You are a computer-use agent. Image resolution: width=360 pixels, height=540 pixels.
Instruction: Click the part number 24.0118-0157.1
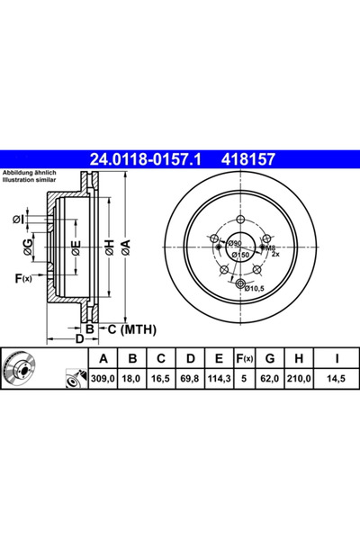(145, 159)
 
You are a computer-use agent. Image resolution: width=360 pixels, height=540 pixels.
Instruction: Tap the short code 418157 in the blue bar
(248, 159)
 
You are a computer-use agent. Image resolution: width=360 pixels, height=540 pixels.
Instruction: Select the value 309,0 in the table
(103, 379)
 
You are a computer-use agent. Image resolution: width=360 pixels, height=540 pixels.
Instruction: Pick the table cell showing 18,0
(131, 379)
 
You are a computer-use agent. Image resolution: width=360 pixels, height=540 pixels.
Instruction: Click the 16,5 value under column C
(160, 379)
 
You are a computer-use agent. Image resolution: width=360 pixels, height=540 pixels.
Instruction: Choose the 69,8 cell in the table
(190, 379)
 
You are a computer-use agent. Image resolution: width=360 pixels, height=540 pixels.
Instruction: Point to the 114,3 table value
(219, 379)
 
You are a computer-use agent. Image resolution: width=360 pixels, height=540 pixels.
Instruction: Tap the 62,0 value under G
(270, 379)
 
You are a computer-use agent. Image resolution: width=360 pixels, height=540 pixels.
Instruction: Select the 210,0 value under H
(299, 379)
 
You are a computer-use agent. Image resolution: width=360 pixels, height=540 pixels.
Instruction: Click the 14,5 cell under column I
(337, 379)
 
